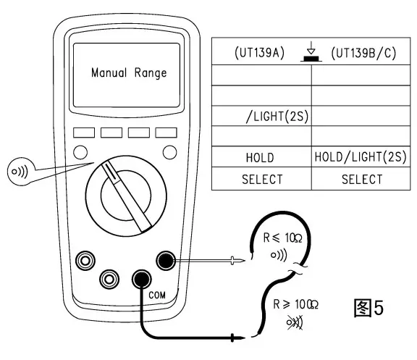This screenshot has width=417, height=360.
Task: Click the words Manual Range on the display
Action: click(129, 73)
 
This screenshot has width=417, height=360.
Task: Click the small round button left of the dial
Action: click(81, 152)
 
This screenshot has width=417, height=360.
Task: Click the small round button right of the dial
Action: click(169, 152)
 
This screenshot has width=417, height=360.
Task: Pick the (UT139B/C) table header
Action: click(363, 54)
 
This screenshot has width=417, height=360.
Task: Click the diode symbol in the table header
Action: click(311, 53)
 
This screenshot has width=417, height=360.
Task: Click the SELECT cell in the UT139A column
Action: click(261, 179)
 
